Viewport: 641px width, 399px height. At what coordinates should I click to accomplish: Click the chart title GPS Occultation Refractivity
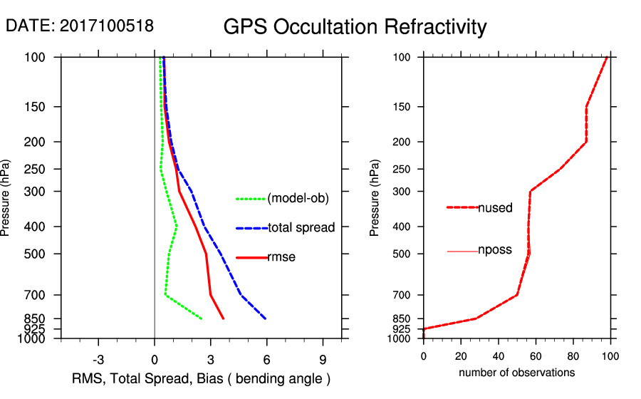click(x=355, y=27)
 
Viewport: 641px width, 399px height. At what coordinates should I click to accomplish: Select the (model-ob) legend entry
click(x=298, y=199)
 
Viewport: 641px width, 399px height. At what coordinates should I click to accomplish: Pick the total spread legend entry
click(x=301, y=228)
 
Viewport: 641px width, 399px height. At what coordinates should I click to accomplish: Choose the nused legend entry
click(x=495, y=208)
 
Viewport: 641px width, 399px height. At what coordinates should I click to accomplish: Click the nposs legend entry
click(x=495, y=250)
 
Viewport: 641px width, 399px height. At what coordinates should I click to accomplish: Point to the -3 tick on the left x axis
click(x=98, y=359)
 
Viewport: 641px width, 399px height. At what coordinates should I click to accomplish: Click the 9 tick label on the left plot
click(x=323, y=359)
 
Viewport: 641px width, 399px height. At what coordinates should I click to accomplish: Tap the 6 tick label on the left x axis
click(x=267, y=359)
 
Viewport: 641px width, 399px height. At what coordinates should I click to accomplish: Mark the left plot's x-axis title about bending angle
click(x=202, y=378)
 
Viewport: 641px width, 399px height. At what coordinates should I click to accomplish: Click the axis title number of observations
click(x=516, y=373)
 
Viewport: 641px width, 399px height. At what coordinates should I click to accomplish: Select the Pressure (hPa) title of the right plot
click(x=375, y=198)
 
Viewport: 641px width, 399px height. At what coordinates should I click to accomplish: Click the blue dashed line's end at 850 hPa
click(x=266, y=318)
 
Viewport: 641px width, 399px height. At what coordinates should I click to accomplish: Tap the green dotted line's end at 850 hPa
click(x=202, y=318)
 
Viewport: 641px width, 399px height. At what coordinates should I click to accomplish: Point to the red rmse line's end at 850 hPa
click(x=224, y=318)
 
